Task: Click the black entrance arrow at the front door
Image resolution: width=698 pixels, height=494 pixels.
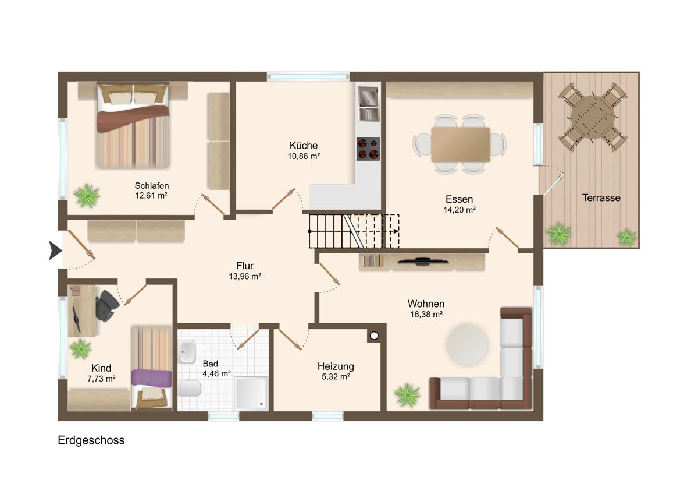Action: click(55, 250)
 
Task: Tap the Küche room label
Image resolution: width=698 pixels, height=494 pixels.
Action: click(304, 146)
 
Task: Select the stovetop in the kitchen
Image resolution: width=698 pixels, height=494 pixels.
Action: click(368, 149)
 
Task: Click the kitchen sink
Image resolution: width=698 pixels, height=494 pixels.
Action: click(368, 104)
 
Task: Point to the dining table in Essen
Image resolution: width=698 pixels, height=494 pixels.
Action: click(460, 144)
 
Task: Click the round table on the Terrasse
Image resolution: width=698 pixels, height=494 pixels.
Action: click(592, 117)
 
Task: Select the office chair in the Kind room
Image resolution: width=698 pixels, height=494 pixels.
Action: click(106, 305)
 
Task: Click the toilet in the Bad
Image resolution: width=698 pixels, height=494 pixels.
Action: click(189, 389)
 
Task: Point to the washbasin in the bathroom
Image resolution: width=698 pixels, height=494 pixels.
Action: click(187, 351)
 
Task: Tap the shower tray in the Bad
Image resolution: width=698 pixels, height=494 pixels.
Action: click(251, 393)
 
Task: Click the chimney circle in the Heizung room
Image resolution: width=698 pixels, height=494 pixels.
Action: click(374, 336)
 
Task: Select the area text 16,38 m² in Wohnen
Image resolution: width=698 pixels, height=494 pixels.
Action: click(426, 314)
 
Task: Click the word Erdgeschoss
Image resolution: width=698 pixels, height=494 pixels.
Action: click(91, 440)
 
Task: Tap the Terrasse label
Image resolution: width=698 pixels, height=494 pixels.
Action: click(601, 197)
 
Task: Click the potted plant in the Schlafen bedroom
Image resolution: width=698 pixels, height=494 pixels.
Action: click(87, 196)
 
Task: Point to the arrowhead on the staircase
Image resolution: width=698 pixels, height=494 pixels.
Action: click(396, 231)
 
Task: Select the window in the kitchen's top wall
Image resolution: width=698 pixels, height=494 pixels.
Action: click(308, 76)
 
